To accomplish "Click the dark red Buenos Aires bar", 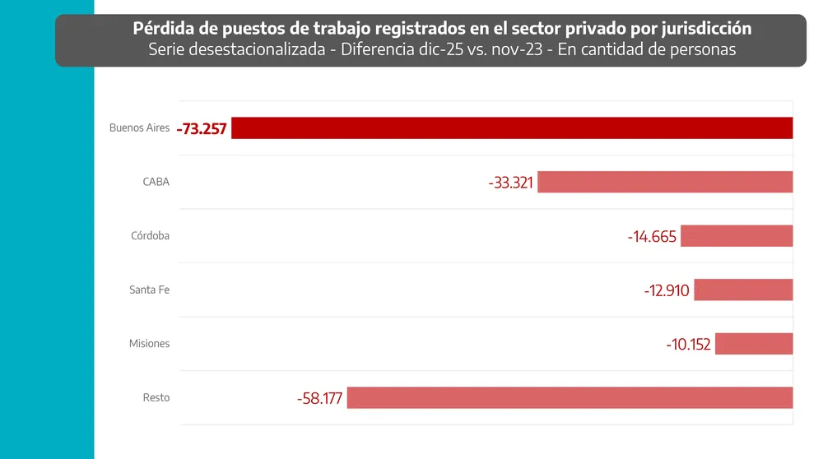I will (512, 128).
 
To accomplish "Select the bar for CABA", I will (665, 182).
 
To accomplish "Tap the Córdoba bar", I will (737, 236).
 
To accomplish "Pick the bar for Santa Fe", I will (743, 290).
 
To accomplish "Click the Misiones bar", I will (754, 344).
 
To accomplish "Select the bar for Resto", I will (570, 398).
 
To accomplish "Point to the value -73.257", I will (202, 129).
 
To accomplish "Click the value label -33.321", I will (510, 183).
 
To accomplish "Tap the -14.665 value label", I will (652, 237).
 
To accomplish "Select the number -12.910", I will (667, 290).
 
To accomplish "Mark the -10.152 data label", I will (688, 345).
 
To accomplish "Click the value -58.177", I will (320, 399).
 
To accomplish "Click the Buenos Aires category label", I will (139, 128).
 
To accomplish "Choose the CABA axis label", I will (156, 182).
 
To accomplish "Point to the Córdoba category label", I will (150, 236).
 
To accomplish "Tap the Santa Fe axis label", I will (149, 290).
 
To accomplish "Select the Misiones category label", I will (149, 344).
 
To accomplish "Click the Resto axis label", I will (156, 398).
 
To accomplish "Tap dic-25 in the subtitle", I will (449, 49).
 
